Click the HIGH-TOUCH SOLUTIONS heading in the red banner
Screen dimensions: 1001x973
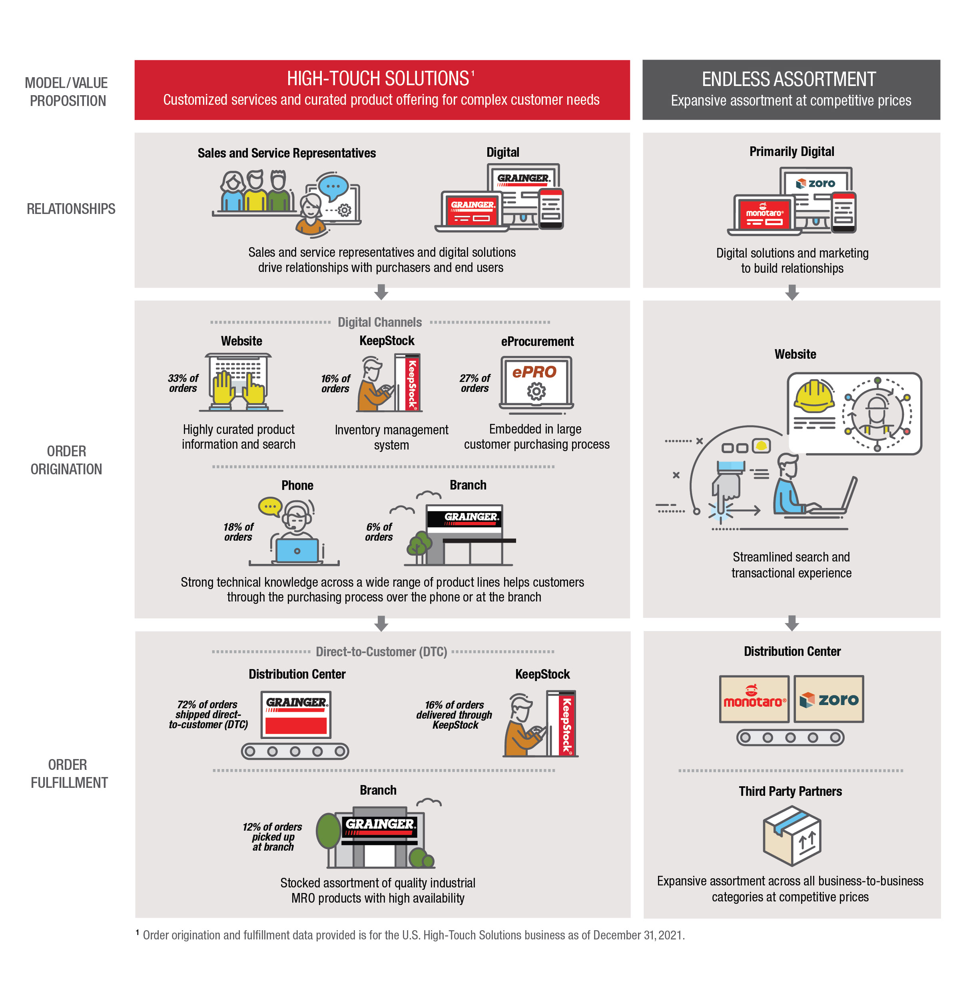pos(378,79)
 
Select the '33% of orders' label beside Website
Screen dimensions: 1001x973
pos(183,383)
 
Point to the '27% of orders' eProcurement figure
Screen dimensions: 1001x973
pos(475,383)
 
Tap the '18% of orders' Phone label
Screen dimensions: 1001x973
pos(238,531)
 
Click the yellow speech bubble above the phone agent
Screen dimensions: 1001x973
pos(270,506)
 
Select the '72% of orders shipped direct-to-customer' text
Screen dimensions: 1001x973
pos(208,714)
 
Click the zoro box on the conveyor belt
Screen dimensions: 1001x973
pos(828,699)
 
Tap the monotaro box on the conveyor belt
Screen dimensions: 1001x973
pos(754,699)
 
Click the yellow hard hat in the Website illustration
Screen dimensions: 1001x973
pos(813,397)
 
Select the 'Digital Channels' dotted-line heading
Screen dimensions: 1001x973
pos(380,322)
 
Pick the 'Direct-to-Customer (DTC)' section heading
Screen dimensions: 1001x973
pos(381,651)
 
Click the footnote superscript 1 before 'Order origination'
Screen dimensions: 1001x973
pos(138,933)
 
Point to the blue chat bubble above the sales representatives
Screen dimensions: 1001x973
pos(333,187)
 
